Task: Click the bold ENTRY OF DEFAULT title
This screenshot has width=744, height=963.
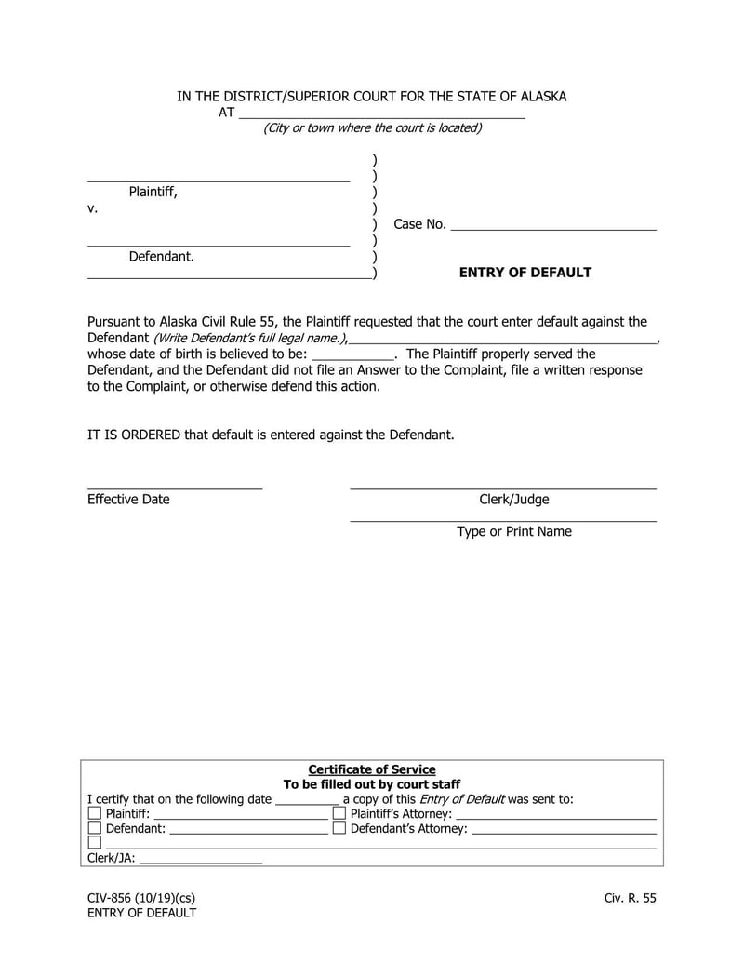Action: tap(525, 273)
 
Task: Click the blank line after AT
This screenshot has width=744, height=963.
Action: tap(381, 114)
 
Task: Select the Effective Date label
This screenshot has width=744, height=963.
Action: tap(128, 500)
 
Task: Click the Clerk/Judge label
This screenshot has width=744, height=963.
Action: tap(513, 500)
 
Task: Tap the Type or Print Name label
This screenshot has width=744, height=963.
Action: tap(513, 532)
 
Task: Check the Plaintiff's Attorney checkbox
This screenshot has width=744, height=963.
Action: tap(339, 813)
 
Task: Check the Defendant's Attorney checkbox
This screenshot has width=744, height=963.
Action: tap(339, 828)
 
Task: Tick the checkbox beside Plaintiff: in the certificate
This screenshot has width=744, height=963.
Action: tap(94, 813)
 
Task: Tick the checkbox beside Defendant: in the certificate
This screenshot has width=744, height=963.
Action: tap(94, 828)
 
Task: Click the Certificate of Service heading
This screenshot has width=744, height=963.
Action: tap(372, 769)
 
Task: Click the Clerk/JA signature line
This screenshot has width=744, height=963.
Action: tap(201, 861)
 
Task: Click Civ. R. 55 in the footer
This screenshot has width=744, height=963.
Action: tap(630, 898)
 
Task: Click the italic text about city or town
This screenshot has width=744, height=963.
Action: tap(372, 128)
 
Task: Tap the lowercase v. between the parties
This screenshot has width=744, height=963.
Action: tap(92, 208)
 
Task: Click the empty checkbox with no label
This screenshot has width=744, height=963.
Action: tap(94, 843)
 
